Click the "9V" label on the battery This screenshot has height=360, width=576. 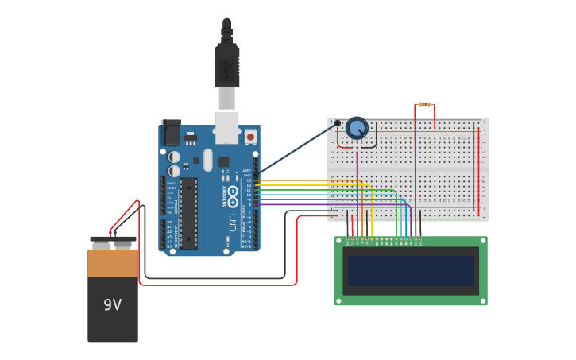pyautogui.click(x=112, y=304)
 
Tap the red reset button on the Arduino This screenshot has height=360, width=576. pyautogui.click(x=251, y=136)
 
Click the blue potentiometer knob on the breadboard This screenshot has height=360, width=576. pyautogui.click(x=358, y=128)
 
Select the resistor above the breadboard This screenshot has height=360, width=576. pyautogui.click(x=425, y=104)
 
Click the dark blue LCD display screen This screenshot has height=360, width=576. pyautogui.click(x=411, y=271)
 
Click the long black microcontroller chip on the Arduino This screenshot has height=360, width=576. pyautogui.click(x=188, y=212)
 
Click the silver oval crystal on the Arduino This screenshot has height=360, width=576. pyautogui.click(x=208, y=160)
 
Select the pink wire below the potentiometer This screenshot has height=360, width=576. pyautogui.click(x=358, y=183)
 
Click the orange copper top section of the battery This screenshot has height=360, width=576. pyautogui.click(x=112, y=263)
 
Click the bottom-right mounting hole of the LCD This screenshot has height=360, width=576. pyautogui.click(x=482, y=300)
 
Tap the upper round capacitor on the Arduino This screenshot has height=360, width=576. pyautogui.click(x=174, y=157)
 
